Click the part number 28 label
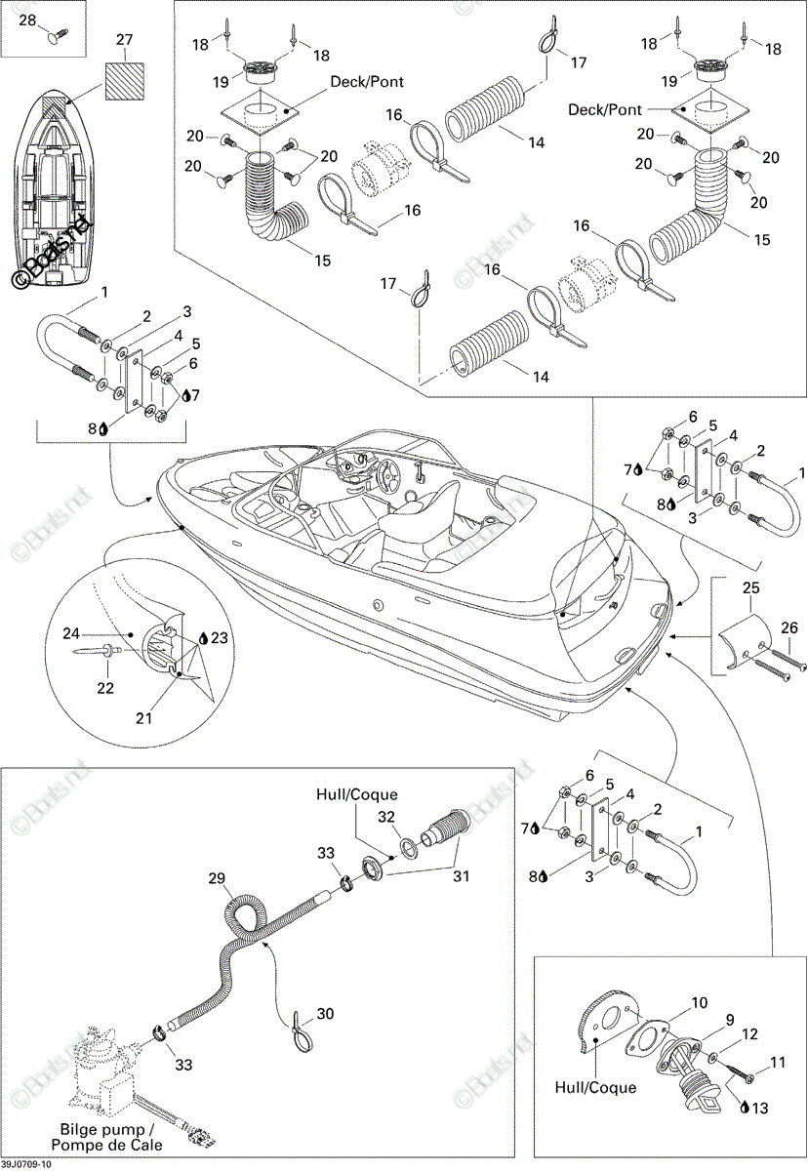[28, 20]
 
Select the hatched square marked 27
[124, 81]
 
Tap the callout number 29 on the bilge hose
[217, 878]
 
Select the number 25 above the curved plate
[750, 587]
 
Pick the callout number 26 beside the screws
[788, 627]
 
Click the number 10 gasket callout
[699, 1003]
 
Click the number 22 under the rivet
[105, 687]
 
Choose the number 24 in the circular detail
[71, 633]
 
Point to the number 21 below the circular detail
[143, 718]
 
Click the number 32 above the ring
[386, 817]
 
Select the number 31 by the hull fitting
[461, 875]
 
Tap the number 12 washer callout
[750, 1033]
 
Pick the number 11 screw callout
[777, 1062]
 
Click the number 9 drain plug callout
[730, 1020]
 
